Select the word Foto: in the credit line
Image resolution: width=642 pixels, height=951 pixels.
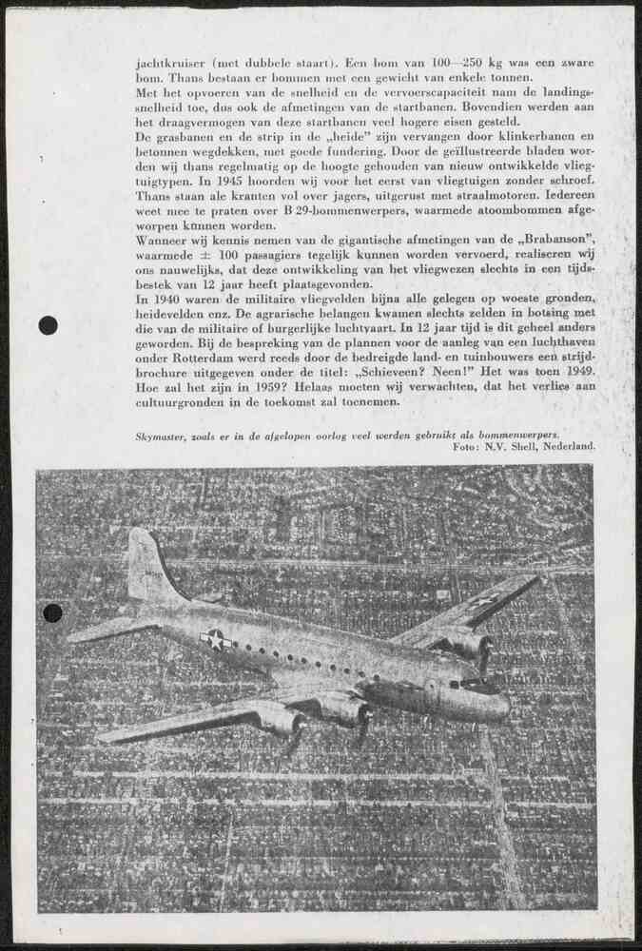[x=466, y=445]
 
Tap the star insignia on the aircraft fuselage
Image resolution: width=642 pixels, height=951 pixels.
[x=219, y=641]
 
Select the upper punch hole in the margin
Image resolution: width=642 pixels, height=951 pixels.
[x=48, y=325]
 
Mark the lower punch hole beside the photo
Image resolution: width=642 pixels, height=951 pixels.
[x=52, y=612]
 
